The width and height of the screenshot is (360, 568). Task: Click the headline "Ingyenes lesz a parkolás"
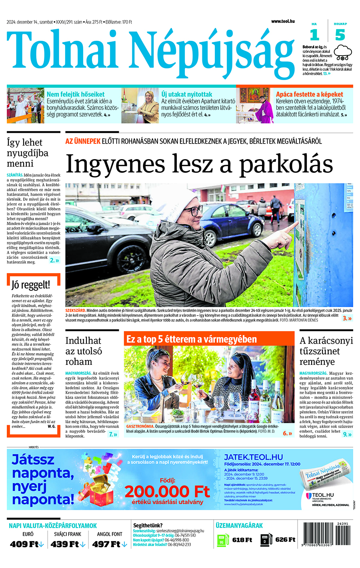click(x=199, y=164)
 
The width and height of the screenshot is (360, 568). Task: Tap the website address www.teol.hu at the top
click(x=282, y=21)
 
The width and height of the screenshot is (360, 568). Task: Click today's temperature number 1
click(x=314, y=35)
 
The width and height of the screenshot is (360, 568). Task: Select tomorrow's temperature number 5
click(x=340, y=35)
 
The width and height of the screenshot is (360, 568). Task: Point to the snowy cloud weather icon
click(x=343, y=52)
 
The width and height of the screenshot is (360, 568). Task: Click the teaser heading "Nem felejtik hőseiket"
click(x=76, y=94)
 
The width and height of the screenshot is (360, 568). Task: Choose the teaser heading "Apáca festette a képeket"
click(x=309, y=94)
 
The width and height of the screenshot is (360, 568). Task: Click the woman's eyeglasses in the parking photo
click(x=193, y=211)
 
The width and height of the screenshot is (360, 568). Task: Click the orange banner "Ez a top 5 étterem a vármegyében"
click(x=192, y=340)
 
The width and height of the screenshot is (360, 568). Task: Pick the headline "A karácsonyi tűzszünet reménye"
click(x=326, y=351)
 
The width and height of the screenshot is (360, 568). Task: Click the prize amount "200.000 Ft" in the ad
click(x=167, y=491)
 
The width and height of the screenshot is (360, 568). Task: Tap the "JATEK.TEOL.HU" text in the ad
click(x=253, y=457)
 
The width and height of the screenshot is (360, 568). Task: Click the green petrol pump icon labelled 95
click(x=222, y=540)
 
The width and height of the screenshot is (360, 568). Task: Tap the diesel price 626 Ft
click(x=285, y=540)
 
